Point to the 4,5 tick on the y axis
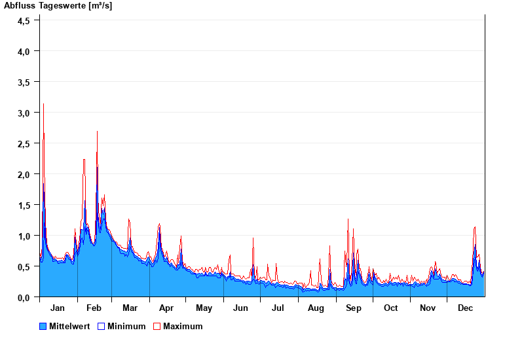click(x=24, y=20)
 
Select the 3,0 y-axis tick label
click(x=24, y=113)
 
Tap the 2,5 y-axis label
click(x=24, y=143)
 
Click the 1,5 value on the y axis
click(x=24, y=205)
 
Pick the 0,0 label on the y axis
click(x=24, y=298)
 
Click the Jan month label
click(x=57, y=308)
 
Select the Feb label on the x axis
click(x=94, y=308)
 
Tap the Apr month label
click(x=166, y=308)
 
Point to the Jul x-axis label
click(x=278, y=308)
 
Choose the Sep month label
click(x=354, y=308)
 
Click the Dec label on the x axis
click(x=465, y=308)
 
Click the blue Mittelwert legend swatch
click(x=43, y=326)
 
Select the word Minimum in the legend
click(x=126, y=326)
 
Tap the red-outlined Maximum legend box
click(x=157, y=326)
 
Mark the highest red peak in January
click(x=43, y=104)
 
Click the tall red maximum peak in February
click(x=97, y=132)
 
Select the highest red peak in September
click(x=348, y=219)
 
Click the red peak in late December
click(x=475, y=227)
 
